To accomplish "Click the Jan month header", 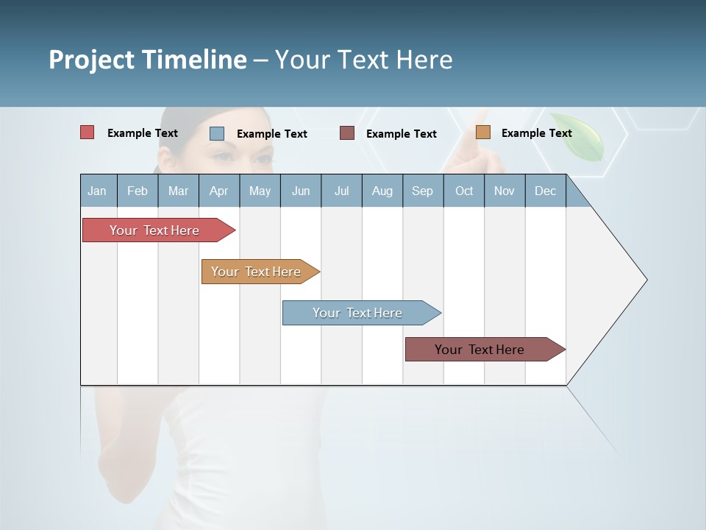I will coord(98,191).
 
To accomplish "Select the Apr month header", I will coord(218,191).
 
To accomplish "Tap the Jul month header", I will coord(341,191).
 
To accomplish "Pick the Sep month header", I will coord(422,191).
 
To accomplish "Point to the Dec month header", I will coord(545,191).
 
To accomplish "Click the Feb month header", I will coord(138,191).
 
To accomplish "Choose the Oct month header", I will coord(464,191).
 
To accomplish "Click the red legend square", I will coord(88,132).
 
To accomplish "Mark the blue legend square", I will coord(217,133).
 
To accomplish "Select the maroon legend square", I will coord(347,133).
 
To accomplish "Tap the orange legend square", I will coord(483,132).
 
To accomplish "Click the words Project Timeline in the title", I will coord(147,60).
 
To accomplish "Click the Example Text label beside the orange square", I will coord(536,133).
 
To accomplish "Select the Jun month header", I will coord(301,191).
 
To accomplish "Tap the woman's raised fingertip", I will coord(481,115).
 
